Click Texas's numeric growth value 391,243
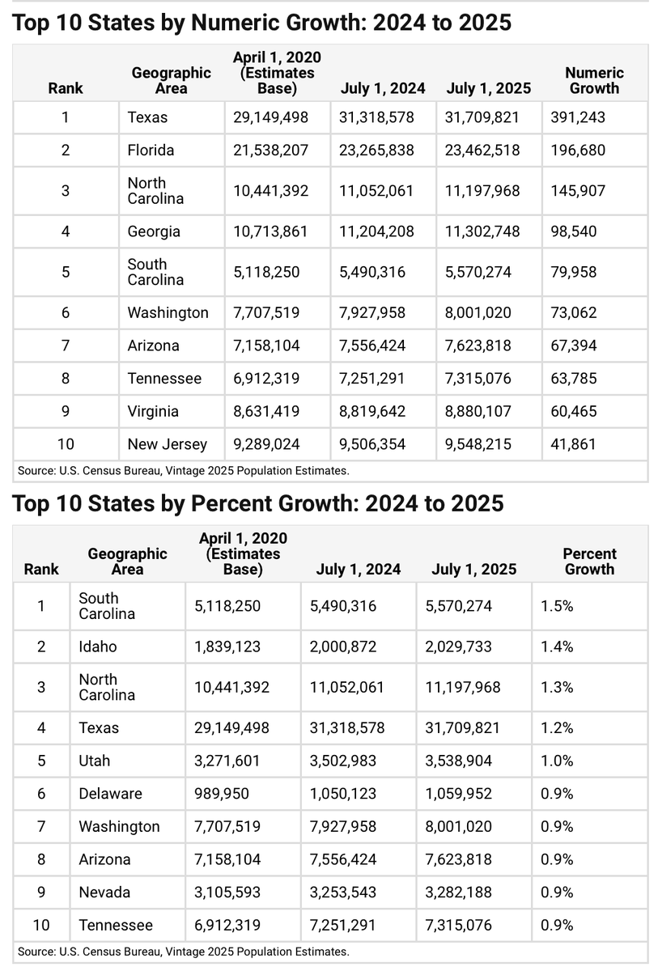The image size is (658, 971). (578, 117)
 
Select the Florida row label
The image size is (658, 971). (151, 150)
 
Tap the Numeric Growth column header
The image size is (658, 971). (594, 80)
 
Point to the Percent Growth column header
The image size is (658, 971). (589, 562)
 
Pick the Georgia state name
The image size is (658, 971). (154, 231)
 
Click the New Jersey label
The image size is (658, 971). (168, 444)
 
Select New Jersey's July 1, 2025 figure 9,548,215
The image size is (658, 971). (478, 444)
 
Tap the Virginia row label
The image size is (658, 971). (153, 411)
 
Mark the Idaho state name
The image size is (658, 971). (98, 647)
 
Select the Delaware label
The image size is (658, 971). (110, 794)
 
